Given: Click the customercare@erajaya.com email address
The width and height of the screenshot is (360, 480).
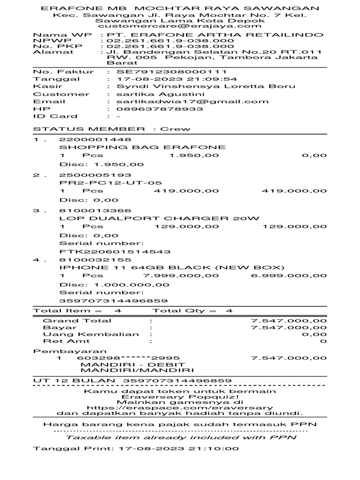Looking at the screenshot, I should click(x=180, y=26).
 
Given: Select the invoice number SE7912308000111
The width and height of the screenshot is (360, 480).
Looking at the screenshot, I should click(x=172, y=72).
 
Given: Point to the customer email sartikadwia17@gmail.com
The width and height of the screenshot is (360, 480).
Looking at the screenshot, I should click(x=193, y=101).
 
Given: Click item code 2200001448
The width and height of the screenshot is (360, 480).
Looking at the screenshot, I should click(x=89, y=140).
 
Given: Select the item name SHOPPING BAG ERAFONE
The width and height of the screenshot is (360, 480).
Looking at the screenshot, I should click(x=142, y=147).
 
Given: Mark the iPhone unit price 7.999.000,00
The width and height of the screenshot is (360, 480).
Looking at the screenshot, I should click(x=181, y=276).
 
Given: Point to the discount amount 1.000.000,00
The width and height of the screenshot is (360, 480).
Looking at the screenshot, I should click(x=132, y=285).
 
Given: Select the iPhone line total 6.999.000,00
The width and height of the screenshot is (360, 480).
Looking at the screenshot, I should click(x=289, y=276).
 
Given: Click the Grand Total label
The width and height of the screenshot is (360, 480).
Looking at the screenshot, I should click(x=77, y=321).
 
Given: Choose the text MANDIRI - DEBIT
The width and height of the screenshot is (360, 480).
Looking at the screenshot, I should click(x=133, y=364).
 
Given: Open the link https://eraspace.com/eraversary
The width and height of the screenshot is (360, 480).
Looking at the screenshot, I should click(x=180, y=408).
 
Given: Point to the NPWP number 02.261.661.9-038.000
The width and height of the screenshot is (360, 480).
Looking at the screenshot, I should click(x=170, y=41).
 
